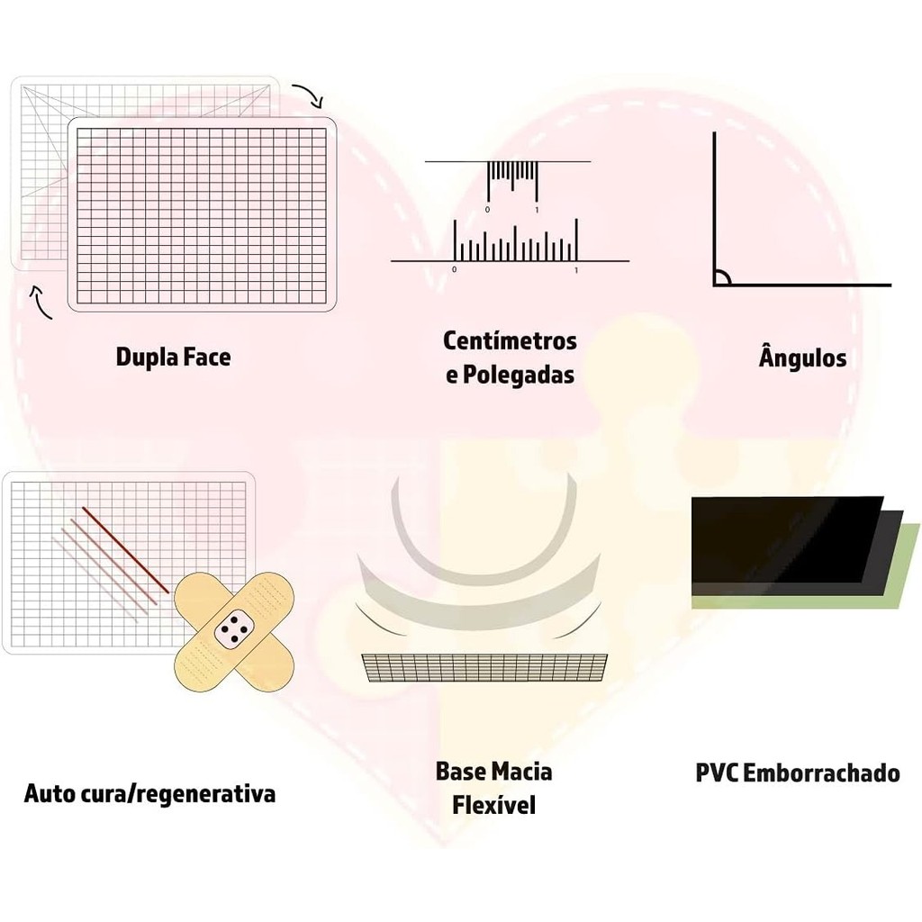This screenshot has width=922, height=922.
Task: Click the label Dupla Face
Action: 173,357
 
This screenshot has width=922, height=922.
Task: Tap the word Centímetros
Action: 510,341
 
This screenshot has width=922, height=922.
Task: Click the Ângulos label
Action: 802,357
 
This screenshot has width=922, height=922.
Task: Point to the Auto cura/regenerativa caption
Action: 149,794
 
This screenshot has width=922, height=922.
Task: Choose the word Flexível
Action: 494,804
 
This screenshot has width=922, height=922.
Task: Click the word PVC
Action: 717,773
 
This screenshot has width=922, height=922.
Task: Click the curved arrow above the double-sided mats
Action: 309,95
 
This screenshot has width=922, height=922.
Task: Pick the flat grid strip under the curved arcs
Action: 484,667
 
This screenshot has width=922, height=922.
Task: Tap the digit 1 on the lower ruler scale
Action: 575,269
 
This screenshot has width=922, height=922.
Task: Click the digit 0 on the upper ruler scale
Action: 487,210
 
